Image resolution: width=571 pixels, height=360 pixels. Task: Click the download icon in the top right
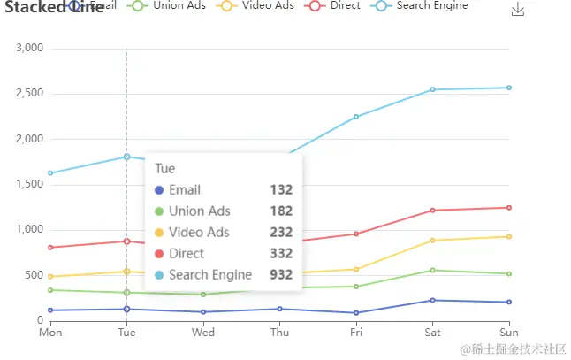point(518,10)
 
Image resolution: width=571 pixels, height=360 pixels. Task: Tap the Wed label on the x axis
point(203,333)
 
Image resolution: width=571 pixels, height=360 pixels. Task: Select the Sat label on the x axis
point(432,333)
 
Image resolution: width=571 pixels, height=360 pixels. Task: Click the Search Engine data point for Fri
point(356,117)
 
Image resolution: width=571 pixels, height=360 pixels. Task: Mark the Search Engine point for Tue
point(127,157)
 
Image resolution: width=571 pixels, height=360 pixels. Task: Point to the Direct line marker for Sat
point(432,211)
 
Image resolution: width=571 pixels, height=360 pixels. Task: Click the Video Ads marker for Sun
point(509,236)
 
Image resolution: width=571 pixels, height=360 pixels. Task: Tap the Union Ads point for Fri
point(356,287)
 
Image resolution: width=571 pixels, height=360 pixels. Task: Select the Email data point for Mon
point(50,310)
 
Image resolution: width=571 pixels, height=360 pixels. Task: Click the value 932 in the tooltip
point(281,274)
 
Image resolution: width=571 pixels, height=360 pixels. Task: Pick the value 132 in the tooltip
point(281,189)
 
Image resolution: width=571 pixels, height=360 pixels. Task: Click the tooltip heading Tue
point(164,168)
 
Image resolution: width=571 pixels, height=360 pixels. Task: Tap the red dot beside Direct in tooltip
point(159,254)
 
